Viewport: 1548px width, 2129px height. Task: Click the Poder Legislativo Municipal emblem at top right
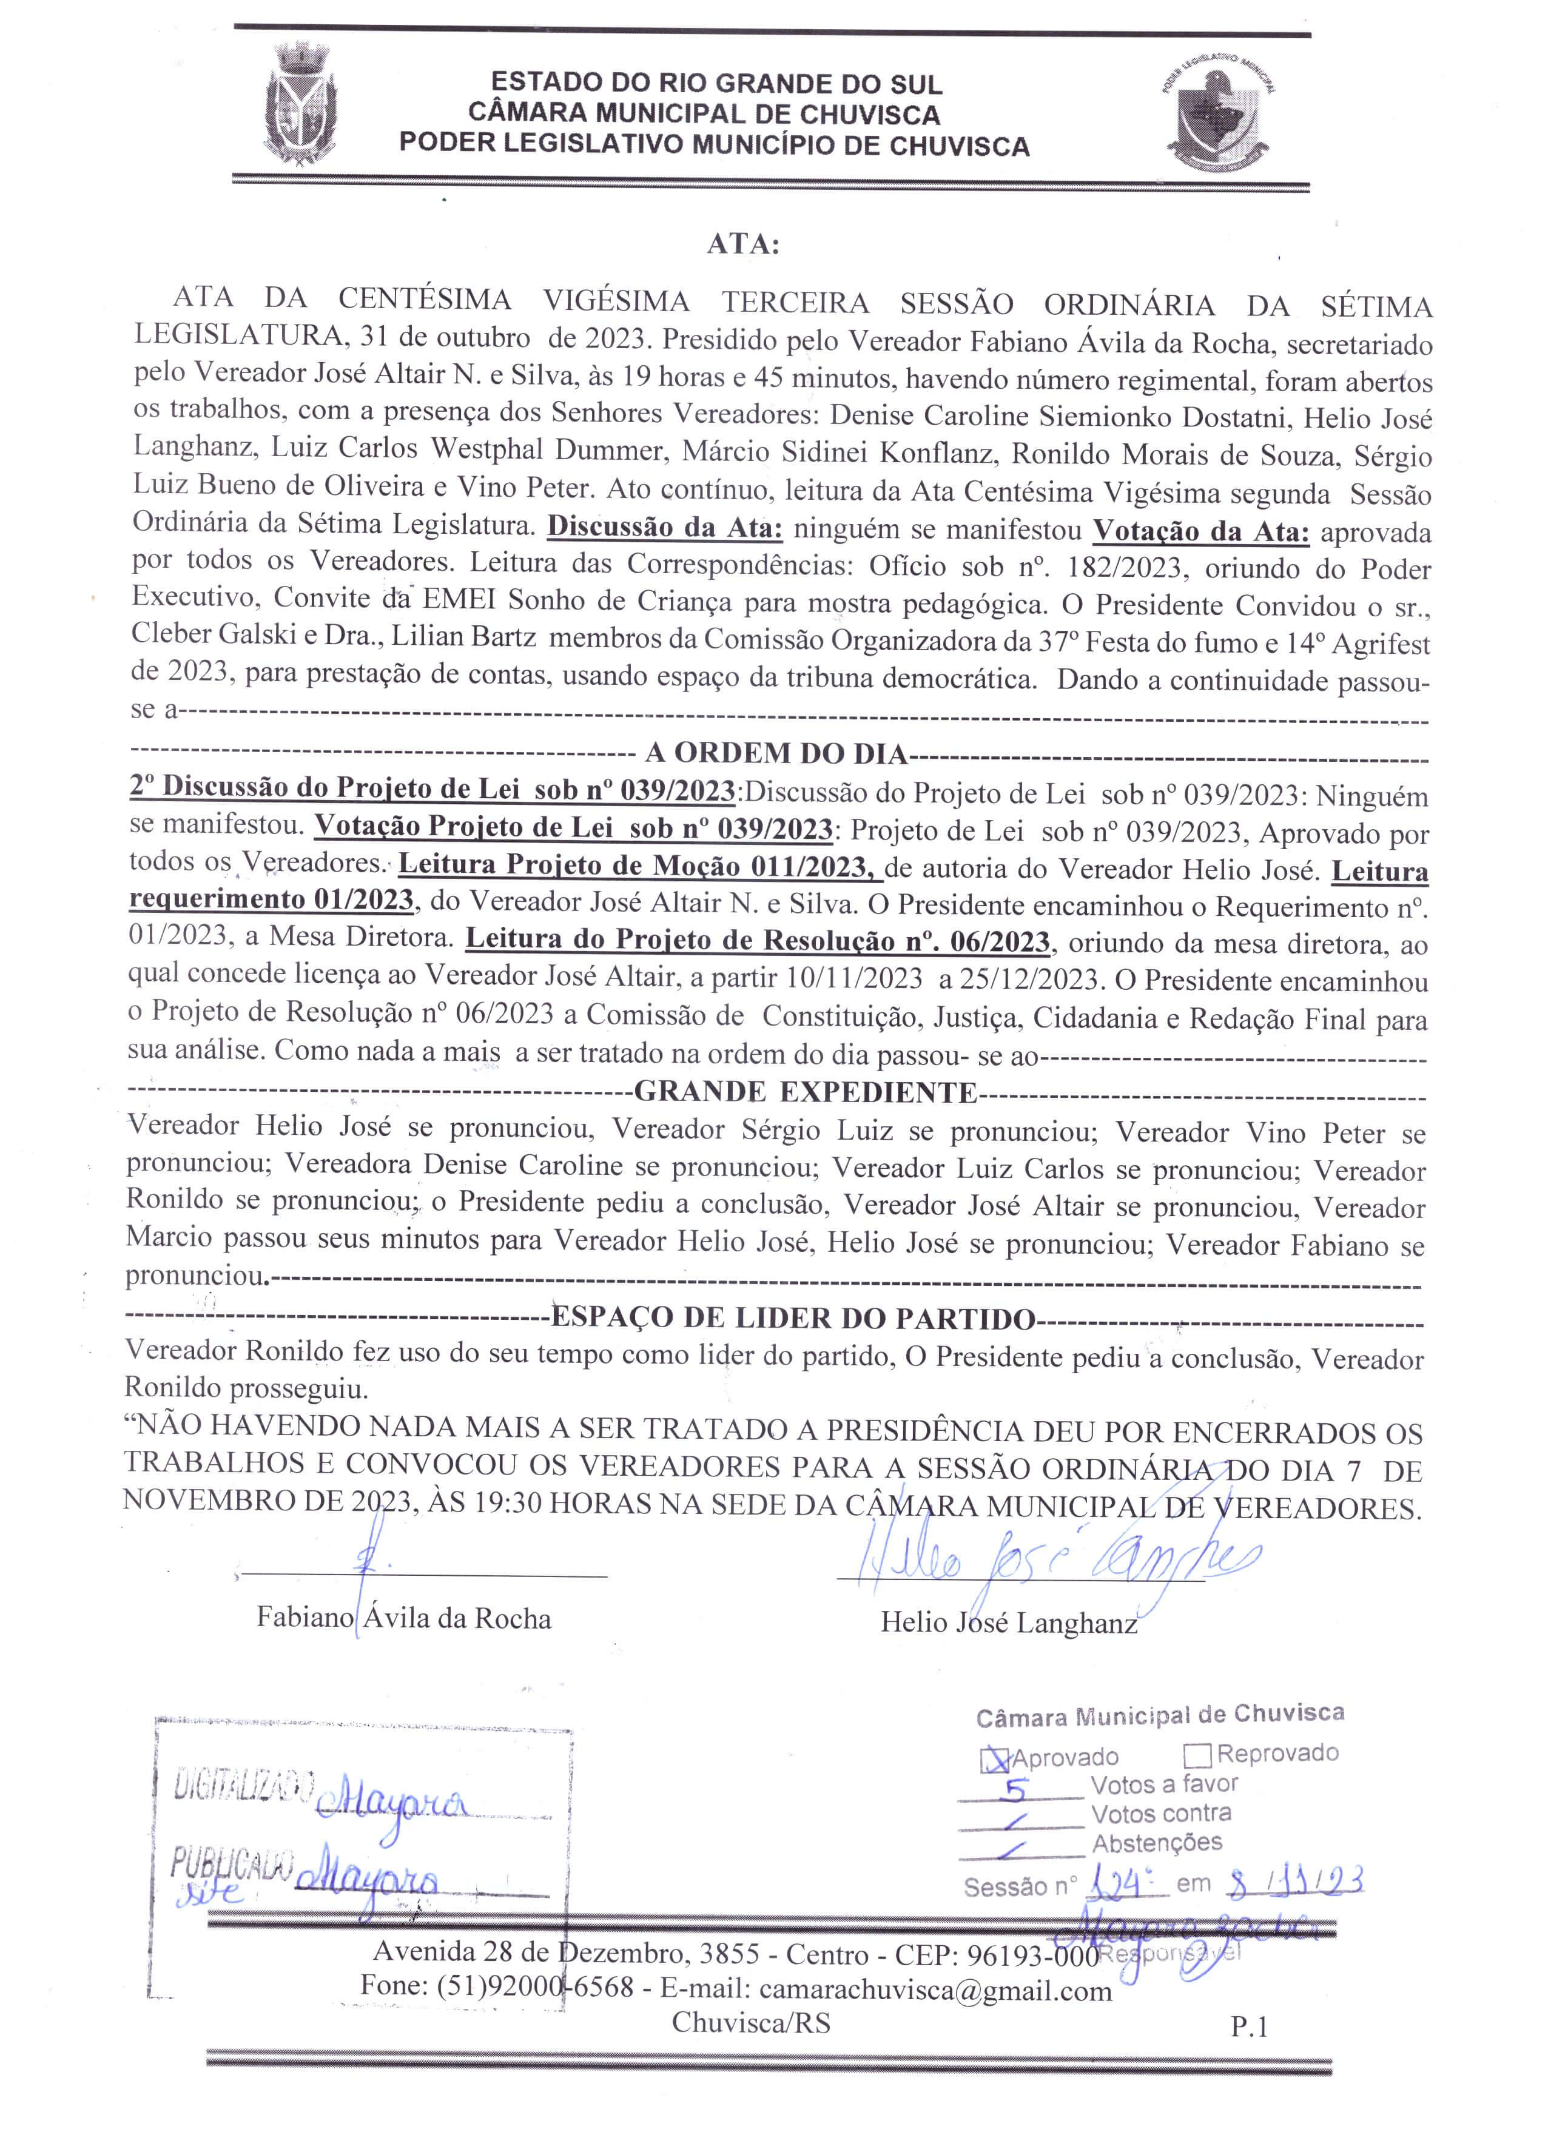coord(1217,113)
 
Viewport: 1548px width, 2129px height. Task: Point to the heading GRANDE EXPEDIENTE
coord(806,1092)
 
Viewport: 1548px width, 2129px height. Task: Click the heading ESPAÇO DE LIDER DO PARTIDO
coord(792,1318)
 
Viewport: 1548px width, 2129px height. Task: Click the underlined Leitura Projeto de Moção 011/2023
coord(640,866)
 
